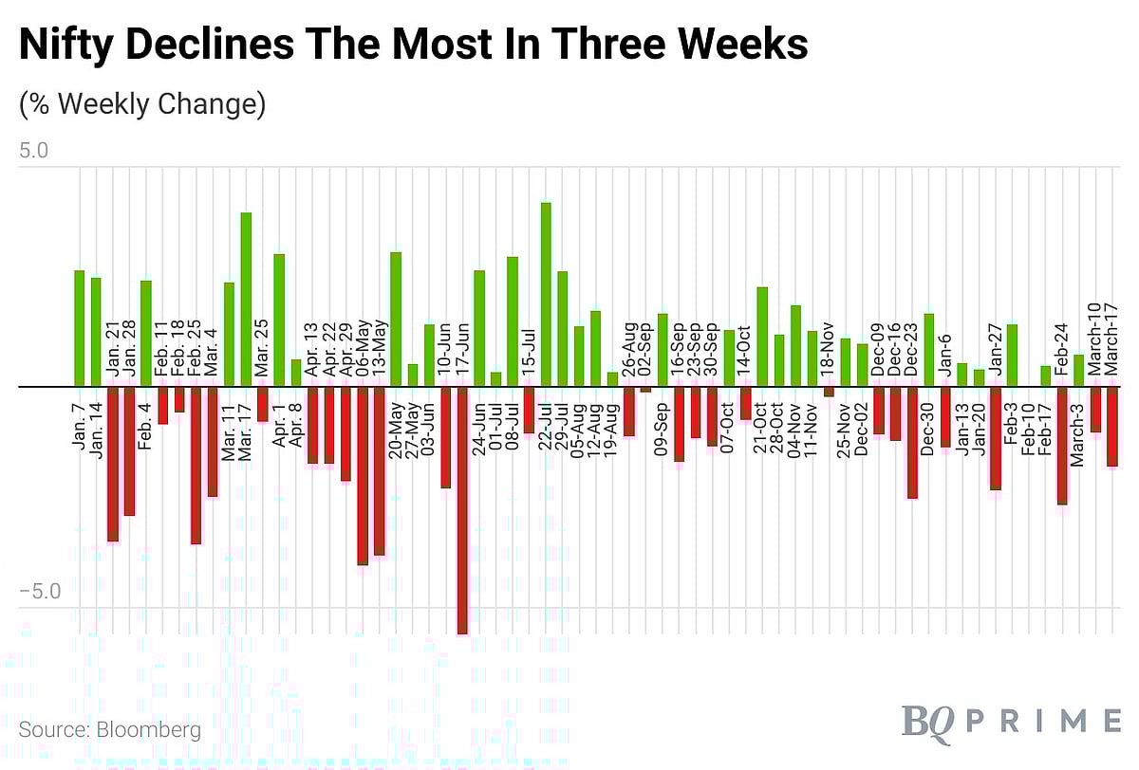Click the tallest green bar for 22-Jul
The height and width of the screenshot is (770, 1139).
click(x=546, y=295)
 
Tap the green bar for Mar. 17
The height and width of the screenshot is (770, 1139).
click(x=246, y=300)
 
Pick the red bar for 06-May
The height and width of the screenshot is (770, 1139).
click(x=363, y=475)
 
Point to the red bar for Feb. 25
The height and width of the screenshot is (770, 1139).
click(x=196, y=465)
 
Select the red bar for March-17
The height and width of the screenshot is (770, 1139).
click(x=1112, y=427)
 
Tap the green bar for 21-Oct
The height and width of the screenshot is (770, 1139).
click(x=762, y=337)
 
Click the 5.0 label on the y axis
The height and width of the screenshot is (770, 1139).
click(x=33, y=151)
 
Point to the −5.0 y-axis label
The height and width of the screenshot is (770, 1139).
click(x=38, y=592)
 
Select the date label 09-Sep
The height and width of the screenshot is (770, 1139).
click(x=663, y=432)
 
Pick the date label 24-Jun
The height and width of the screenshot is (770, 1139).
click(x=479, y=431)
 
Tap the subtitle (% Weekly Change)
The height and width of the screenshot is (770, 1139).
click(x=142, y=103)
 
